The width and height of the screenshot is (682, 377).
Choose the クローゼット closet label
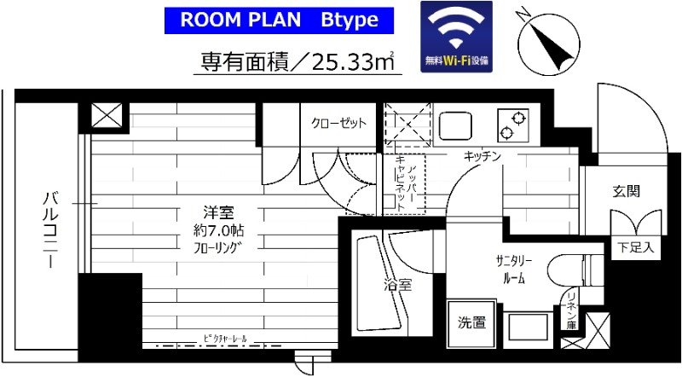point(338,123)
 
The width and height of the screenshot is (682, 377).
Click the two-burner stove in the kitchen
point(512,126)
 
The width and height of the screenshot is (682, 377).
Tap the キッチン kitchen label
point(481,156)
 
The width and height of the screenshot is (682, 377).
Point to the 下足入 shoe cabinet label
point(635,248)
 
